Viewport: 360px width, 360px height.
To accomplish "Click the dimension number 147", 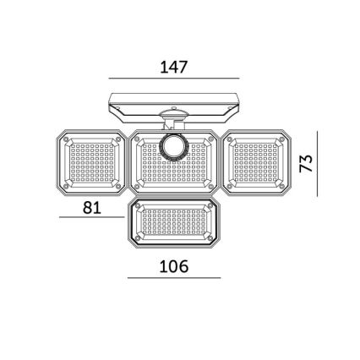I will coord(174,67).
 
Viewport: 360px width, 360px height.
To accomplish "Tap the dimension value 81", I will coord(92,207).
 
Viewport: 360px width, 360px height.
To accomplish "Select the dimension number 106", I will coord(174,267).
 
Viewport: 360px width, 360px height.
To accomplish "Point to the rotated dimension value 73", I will coord(307,163).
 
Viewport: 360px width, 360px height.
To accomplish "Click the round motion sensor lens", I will coord(174,147).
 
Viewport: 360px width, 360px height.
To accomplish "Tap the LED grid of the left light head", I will coord(90,163).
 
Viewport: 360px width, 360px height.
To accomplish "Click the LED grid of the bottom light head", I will coord(174,221).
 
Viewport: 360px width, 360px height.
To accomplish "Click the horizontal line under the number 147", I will coord(174,79).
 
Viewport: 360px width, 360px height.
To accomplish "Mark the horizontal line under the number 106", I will coord(174,278).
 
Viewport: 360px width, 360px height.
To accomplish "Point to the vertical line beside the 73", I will coord(318,163).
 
